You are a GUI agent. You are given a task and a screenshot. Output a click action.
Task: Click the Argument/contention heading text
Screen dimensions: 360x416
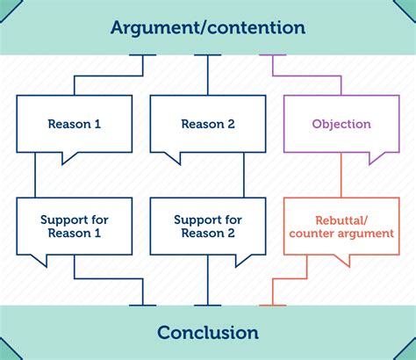click(208, 27)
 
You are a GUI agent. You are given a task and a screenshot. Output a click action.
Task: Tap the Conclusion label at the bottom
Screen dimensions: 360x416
click(208, 333)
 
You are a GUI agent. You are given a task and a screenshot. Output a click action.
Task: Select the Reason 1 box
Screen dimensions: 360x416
click(74, 124)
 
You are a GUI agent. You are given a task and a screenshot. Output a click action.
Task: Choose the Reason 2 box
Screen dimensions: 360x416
click(208, 124)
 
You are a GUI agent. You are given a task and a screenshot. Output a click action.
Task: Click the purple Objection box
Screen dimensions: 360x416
click(341, 124)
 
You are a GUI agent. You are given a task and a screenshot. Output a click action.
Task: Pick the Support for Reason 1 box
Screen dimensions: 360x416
click(74, 226)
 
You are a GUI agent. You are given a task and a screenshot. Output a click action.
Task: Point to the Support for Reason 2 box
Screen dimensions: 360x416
click(208, 226)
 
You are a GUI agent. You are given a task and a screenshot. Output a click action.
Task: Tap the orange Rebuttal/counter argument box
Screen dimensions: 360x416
click(341, 226)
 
